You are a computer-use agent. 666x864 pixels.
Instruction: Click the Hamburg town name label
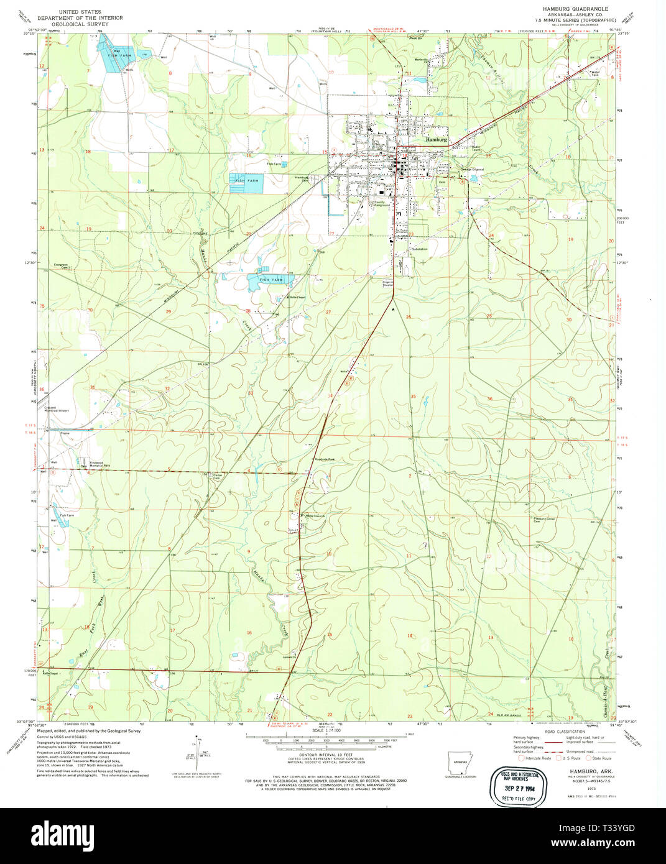(436, 140)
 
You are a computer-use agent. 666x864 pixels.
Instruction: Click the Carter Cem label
(217, 476)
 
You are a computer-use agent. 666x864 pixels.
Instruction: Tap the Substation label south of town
(419, 249)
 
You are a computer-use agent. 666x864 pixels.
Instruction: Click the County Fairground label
(380, 203)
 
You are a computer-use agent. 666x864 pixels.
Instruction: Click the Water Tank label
(598, 73)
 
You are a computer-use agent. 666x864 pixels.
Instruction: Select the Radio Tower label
(476, 149)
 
